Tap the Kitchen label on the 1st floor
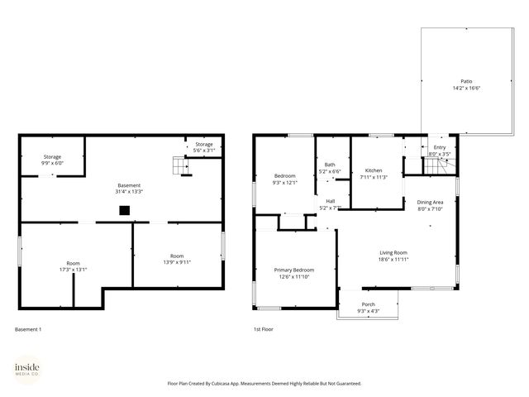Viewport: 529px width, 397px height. tap(374, 174)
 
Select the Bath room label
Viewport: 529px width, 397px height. tap(330, 168)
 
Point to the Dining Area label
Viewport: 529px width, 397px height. tap(430, 205)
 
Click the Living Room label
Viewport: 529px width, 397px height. tap(393, 256)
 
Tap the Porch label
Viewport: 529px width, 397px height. tap(368, 307)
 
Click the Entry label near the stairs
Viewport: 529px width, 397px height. tap(439, 151)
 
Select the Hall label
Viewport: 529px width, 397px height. tap(330, 204)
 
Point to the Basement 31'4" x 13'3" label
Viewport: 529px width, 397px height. tap(129, 188)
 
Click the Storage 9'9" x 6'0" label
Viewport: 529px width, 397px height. tap(53, 160)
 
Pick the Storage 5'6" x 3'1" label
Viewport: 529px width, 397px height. tap(203, 147)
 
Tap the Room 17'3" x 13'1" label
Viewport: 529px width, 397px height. tap(73, 265)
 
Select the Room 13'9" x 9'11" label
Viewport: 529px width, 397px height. tap(177, 259)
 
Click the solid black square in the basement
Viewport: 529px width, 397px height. tap(124, 210)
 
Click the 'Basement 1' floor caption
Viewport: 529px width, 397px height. tap(28, 330)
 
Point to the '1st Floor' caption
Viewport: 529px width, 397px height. tap(264, 330)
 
